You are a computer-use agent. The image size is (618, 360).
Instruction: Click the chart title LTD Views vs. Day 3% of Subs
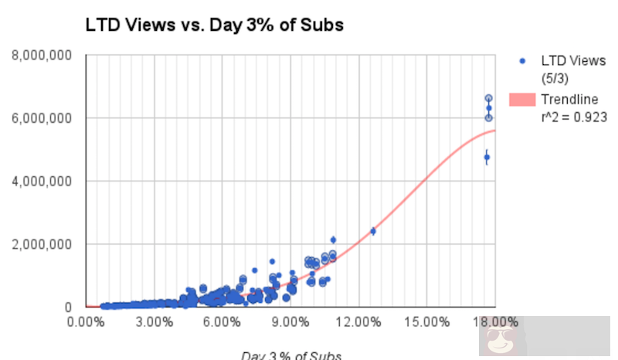tap(214, 25)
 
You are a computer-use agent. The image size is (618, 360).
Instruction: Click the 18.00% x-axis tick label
tap(494, 321)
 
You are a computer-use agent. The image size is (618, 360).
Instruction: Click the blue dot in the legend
tap(522, 61)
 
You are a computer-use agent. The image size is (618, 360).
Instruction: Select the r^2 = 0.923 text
tap(573, 117)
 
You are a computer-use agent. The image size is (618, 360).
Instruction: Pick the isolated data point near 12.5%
tap(373, 230)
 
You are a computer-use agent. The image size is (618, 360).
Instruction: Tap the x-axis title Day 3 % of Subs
tap(290, 355)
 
